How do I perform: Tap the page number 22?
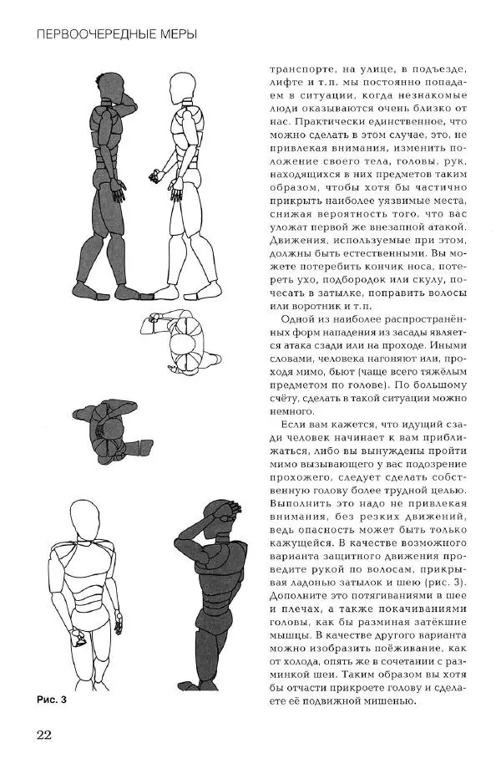(x=43, y=735)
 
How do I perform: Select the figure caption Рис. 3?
(x=50, y=700)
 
